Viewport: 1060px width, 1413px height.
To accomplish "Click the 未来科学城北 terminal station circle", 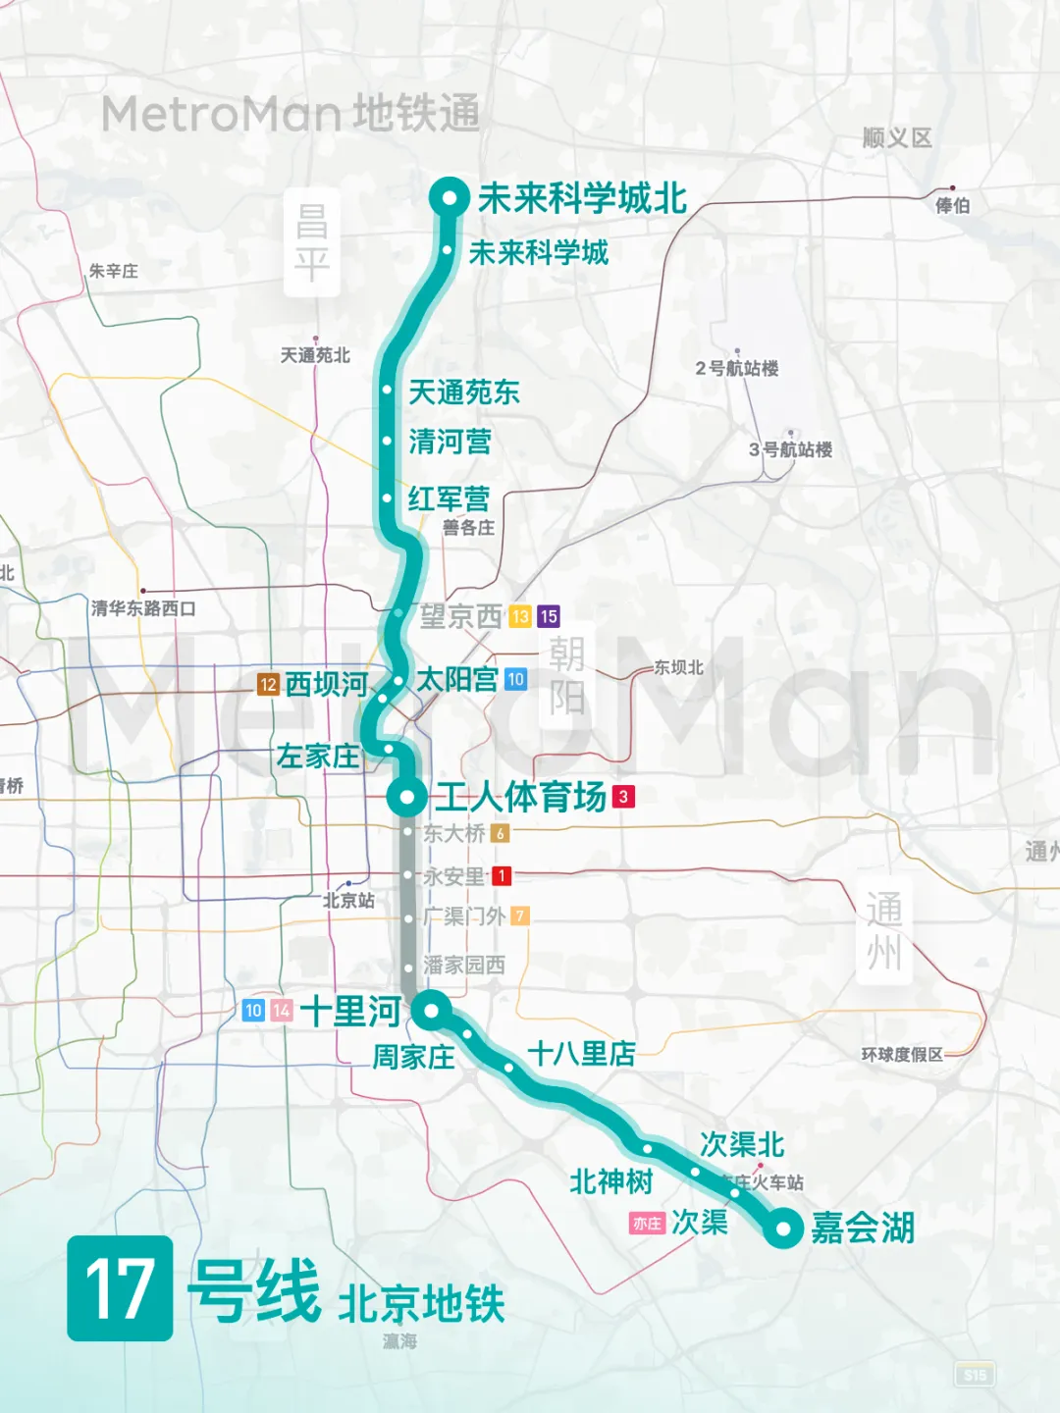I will pos(450,197).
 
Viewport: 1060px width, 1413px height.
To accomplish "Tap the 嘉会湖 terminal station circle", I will pos(783,1228).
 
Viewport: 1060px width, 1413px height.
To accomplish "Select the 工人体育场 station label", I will pos(520,797).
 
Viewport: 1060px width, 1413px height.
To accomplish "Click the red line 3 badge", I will pos(623,797).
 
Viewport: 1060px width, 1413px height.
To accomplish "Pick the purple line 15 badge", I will pos(549,616).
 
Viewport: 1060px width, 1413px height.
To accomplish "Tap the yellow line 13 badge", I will pos(520,616).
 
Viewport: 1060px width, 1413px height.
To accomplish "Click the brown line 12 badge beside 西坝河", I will pos(268,684).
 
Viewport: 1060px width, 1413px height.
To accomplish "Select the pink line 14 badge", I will pos(282,1010).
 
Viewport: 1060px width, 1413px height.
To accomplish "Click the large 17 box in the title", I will pos(120,1287).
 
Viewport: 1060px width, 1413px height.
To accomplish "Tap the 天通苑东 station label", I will pos(464,392).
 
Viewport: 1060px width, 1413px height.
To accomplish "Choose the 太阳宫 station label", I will pos(457,679).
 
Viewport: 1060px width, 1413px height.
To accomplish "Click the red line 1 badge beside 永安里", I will pos(502,875).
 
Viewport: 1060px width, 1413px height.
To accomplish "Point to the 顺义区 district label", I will pos(897,138).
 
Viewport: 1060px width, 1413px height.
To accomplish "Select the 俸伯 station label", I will pos(952,205).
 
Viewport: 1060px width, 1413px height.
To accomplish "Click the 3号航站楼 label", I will pos(790,449).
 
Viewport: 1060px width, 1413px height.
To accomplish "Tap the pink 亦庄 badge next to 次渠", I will pos(647,1224).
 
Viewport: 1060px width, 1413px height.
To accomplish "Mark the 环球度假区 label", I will pos(902,1055).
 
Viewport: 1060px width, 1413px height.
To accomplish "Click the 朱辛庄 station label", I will pos(114,271).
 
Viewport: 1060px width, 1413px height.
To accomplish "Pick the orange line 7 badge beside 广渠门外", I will pos(520,916).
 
